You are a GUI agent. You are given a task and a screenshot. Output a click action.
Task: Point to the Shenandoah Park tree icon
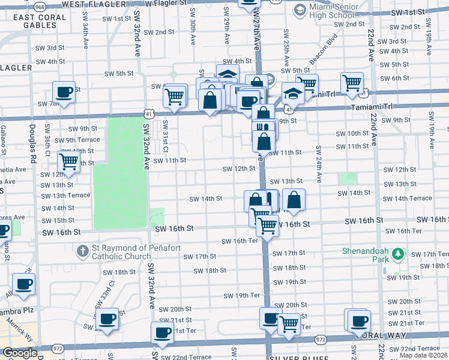coord(397,256)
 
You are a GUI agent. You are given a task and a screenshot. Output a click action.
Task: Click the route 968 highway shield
coord(40,6)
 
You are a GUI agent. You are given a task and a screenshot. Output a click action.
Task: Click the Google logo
coord(19,353)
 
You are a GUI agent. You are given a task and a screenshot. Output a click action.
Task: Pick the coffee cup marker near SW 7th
coord(64,92)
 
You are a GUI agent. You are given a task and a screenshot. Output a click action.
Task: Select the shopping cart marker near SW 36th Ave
coord(69,161)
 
